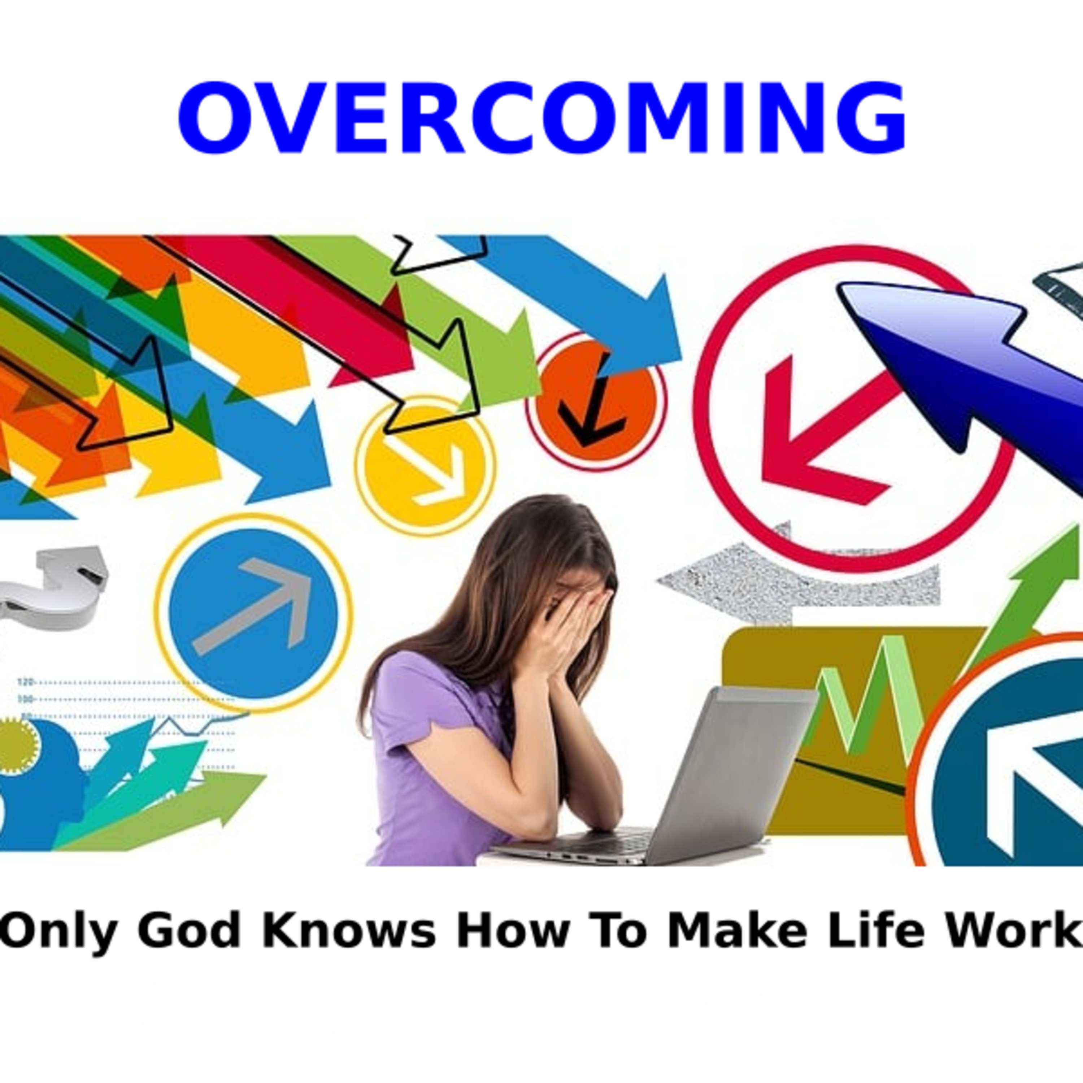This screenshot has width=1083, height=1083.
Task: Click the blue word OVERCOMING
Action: (541, 117)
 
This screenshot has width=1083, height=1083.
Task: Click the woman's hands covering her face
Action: (572, 622)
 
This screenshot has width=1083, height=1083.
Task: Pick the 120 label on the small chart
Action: (26, 682)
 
